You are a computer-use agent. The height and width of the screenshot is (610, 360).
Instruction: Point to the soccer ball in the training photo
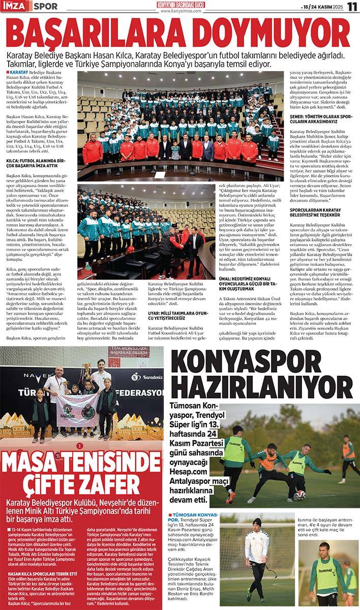click(300, 494)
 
